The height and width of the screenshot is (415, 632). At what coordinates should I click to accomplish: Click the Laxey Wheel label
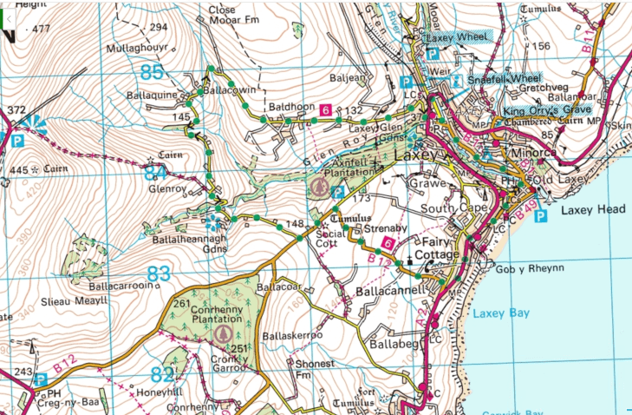click(457, 37)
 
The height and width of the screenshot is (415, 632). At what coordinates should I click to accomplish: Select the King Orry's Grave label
click(547, 110)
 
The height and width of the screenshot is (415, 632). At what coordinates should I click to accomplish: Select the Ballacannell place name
click(388, 292)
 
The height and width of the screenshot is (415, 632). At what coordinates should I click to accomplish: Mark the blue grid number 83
click(158, 274)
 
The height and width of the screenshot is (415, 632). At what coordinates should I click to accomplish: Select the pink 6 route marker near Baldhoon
click(325, 110)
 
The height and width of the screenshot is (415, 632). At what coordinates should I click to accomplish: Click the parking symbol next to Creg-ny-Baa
click(40, 379)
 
